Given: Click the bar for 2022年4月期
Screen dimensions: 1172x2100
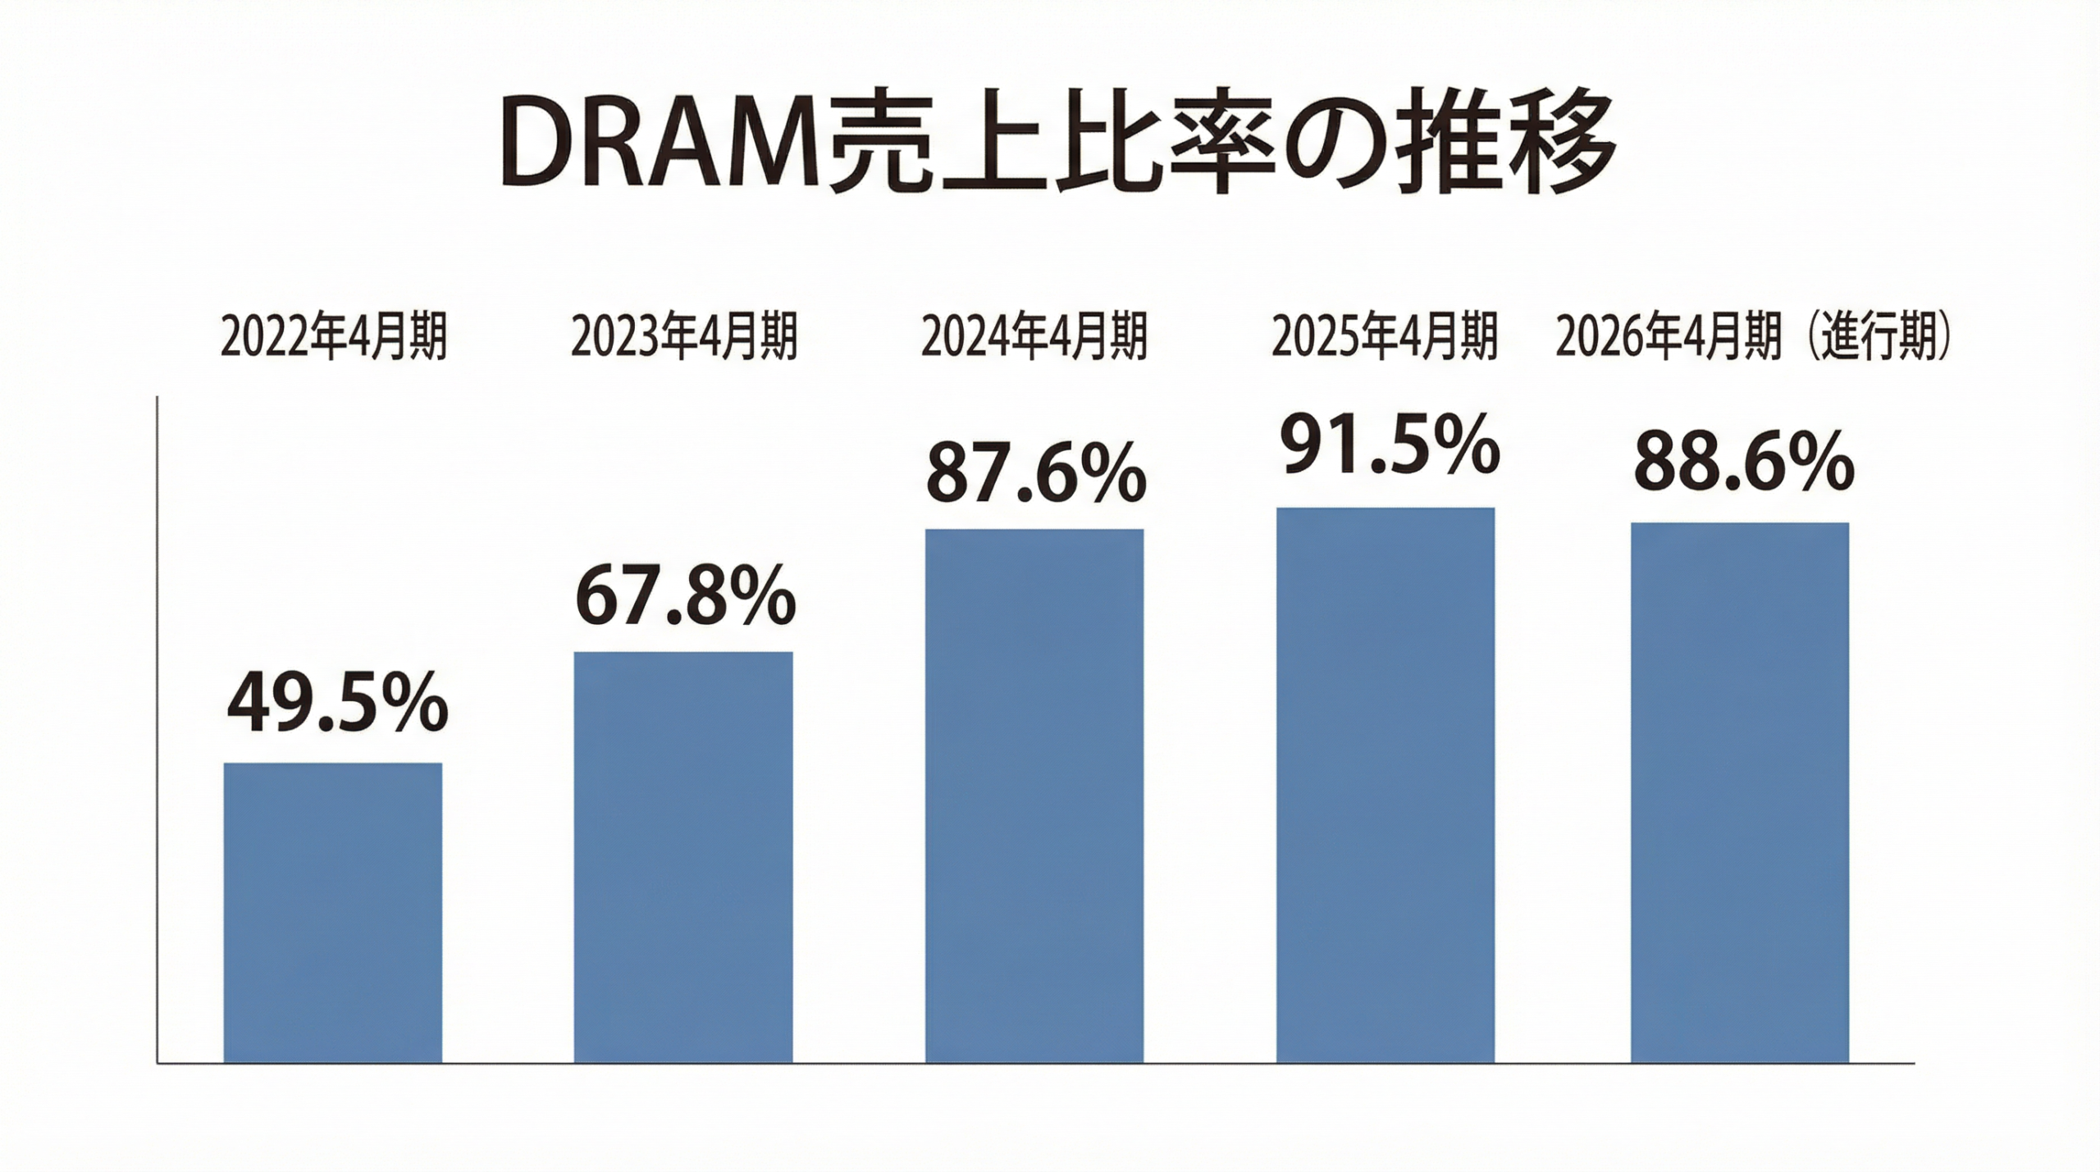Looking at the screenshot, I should point(333,912).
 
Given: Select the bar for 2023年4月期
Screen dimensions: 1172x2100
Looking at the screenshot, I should point(683,857).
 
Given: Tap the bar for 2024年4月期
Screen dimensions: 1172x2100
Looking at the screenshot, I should point(1034,796).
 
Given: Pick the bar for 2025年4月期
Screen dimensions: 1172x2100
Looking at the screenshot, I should point(1386,785).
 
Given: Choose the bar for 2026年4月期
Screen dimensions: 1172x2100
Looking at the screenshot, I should point(1740,792).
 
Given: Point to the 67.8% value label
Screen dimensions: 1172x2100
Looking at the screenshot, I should point(685,596).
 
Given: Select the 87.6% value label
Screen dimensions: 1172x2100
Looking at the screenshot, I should point(1036,474).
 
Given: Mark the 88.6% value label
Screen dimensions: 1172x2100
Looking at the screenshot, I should point(1744,463).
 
